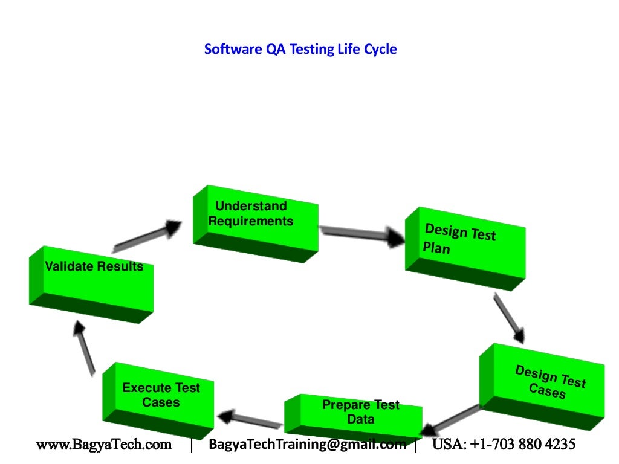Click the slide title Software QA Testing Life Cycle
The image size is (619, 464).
pos(300,49)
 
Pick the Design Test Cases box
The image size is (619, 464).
pos(543,383)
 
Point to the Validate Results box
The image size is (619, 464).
pos(91,282)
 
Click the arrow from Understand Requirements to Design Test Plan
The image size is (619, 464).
pos(361,234)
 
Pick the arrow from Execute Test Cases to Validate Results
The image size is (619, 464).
pos(84,347)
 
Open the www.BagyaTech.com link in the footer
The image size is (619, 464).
pos(104,445)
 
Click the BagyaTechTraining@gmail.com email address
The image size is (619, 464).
pos(307,445)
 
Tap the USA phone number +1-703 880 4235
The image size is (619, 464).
pos(504,445)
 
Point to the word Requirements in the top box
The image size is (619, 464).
pos(250,221)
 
